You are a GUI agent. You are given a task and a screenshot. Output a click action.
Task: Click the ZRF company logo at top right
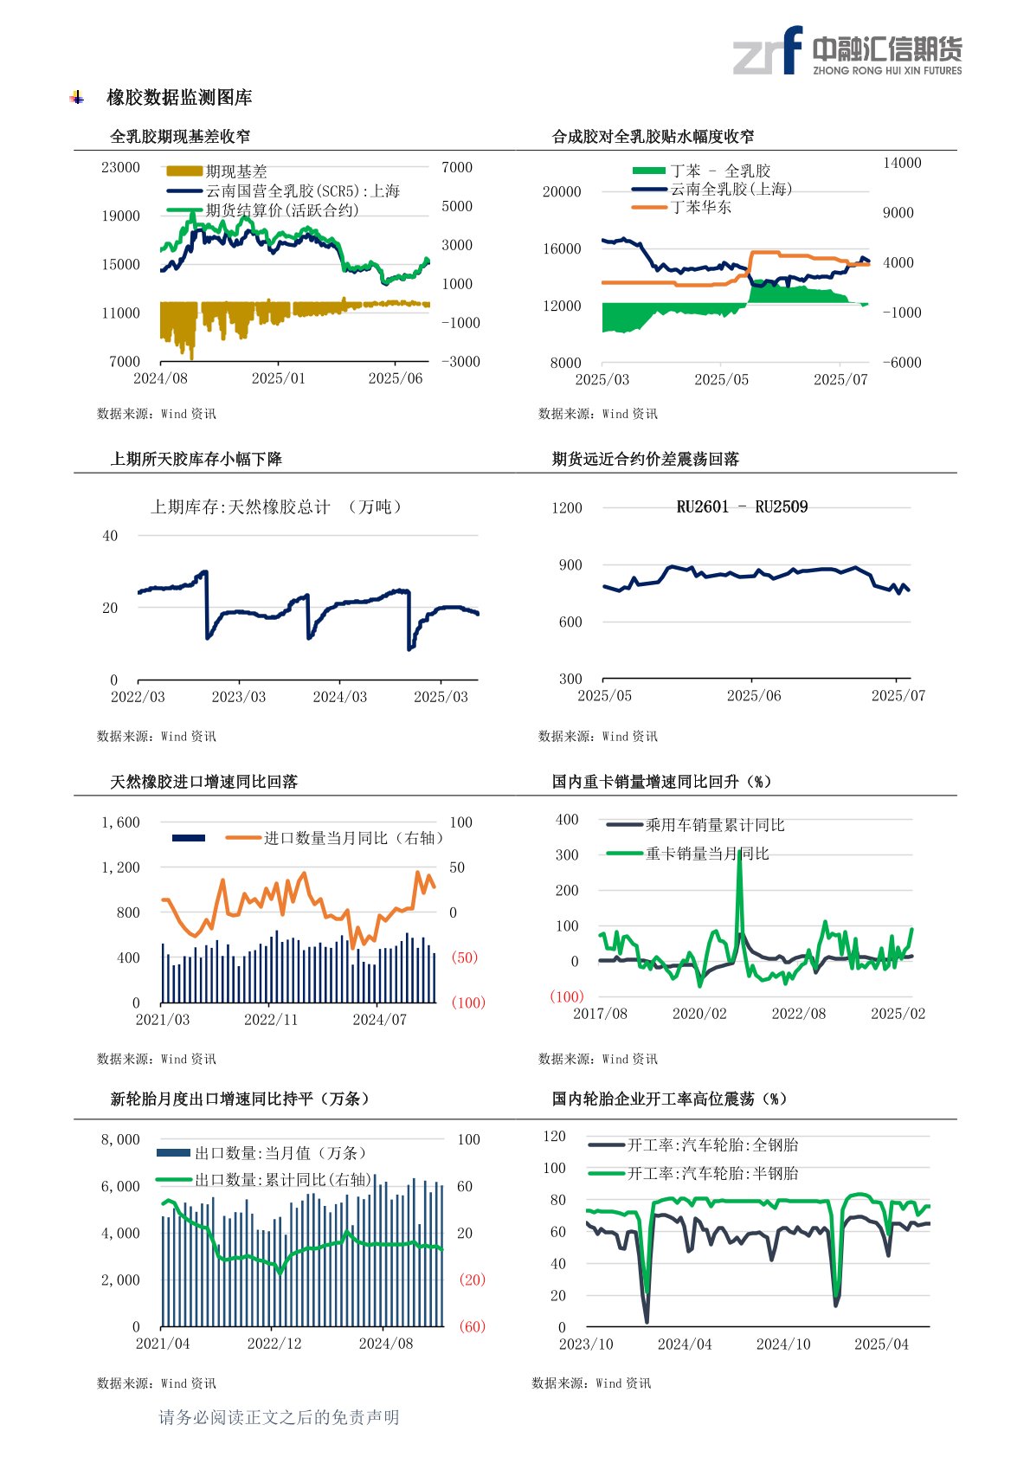point(847,51)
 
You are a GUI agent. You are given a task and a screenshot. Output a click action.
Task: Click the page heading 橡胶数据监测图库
point(179,98)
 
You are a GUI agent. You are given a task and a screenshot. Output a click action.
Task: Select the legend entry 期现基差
point(235,171)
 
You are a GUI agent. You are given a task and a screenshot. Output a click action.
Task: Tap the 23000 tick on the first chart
point(120,167)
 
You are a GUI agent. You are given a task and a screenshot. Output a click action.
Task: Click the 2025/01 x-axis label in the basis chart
point(278,378)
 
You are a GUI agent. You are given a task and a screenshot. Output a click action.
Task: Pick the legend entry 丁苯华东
point(700,208)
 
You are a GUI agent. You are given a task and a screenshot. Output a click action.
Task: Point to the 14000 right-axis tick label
point(901,163)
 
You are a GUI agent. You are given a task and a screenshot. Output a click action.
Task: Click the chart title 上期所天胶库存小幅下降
point(196,459)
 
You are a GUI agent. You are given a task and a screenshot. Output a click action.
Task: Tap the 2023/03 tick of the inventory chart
point(238,697)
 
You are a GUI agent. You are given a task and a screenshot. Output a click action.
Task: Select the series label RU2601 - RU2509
point(742,507)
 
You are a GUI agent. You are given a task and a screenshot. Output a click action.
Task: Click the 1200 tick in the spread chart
point(567,508)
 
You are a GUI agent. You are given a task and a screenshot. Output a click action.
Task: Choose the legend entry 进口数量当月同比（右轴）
point(353,838)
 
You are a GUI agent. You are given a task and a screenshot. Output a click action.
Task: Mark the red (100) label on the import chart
point(468,1002)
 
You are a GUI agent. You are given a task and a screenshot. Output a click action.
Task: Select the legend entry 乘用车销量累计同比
point(714,825)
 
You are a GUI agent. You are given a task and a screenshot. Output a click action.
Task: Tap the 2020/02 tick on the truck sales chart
point(699,1014)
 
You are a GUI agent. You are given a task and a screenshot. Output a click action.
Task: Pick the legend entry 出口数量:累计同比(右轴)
point(283,1180)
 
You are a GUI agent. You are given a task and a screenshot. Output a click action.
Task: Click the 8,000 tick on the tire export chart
point(120,1139)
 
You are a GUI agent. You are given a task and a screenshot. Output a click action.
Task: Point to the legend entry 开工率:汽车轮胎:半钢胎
point(712,1173)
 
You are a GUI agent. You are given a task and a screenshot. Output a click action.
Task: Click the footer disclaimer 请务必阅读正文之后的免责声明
point(279,1417)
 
